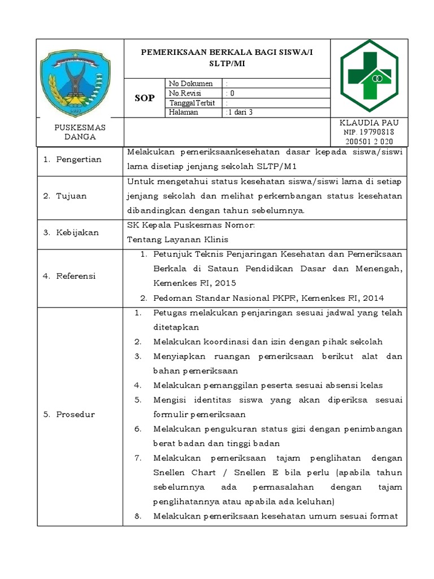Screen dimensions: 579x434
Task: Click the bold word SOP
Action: click(x=144, y=98)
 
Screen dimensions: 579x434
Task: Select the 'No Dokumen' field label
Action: click(x=190, y=84)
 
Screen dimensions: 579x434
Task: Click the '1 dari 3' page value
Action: click(x=239, y=112)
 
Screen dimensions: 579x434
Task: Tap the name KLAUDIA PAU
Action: click(x=369, y=123)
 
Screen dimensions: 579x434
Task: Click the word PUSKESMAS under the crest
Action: click(x=80, y=127)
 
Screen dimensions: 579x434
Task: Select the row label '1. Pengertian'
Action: click(x=72, y=159)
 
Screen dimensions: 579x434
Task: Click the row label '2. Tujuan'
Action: click(x=66, y=196)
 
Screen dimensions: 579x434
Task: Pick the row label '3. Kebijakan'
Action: click(x=71, y=232)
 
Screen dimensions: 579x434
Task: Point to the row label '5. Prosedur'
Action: click(x=70, y=414)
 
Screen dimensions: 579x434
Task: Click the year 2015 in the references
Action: click(x=225, y=283)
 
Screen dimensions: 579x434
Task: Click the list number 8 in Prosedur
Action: click(x=137, y=516)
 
